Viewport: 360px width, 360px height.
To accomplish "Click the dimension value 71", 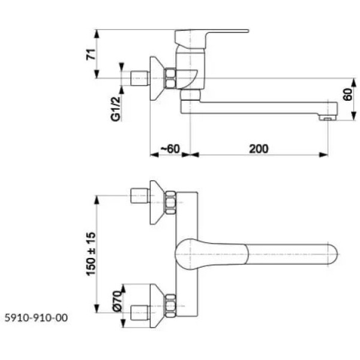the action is [x=91, y=55].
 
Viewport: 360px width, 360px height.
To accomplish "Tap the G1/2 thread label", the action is [x=115, y=109].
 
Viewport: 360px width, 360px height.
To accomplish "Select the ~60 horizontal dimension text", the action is [x=170, y=149].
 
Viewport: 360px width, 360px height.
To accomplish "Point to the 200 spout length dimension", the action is [x=259, y=149].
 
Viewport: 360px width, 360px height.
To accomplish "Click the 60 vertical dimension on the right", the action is [x=347, y=94].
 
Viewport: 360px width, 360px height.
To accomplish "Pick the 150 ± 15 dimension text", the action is [x=91, y=254].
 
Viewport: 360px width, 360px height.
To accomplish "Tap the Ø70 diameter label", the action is [x=118, y=301].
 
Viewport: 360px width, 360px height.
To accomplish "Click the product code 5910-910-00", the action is [x=36, y=318].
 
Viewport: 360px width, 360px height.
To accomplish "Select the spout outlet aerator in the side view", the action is [x=328, y=118].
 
